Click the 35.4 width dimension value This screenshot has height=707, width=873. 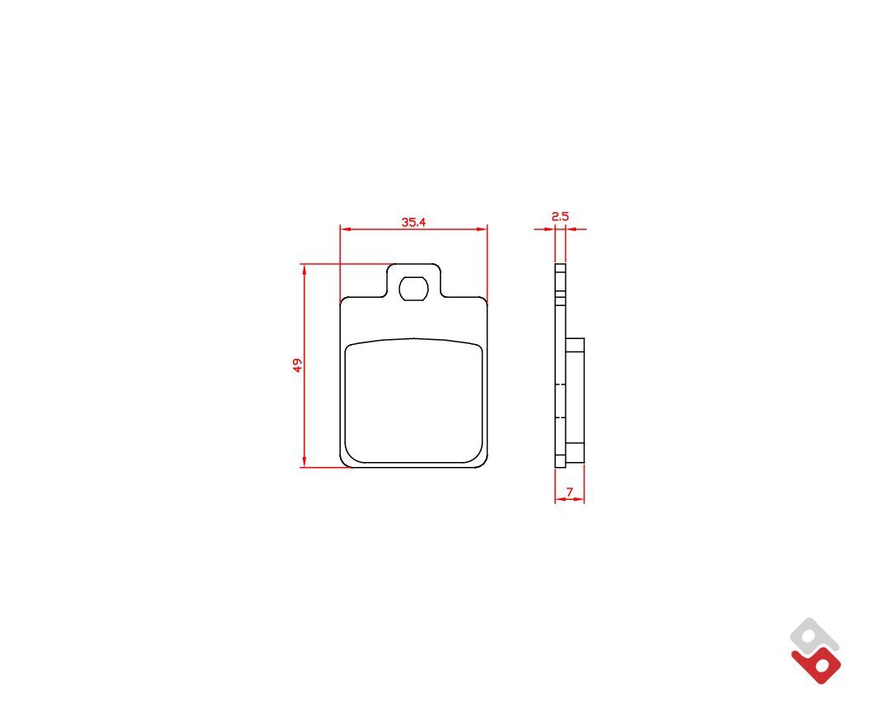pyautogui.click(x=413, y=222)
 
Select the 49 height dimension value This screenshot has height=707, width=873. pyautogui.click(x=298, y=365)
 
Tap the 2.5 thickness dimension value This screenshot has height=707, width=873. pyautogui.click(x=560, y=216)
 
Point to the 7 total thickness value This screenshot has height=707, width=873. pyautogui.click(x=569, y=493)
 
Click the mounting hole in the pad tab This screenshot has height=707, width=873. pyautogui.click(x=413, y=288)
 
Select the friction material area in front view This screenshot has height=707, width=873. pyautogui.click(x=413, y=401)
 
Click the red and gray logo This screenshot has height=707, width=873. pyautogui.click(x=815, y=651)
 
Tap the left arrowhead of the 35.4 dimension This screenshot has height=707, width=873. pyautogui.click(x=345, y=229)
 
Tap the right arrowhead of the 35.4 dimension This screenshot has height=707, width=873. pyautogui.click(x=482, y=229)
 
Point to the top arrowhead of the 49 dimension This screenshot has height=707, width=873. pyautogui.click(x=304, y=270)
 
